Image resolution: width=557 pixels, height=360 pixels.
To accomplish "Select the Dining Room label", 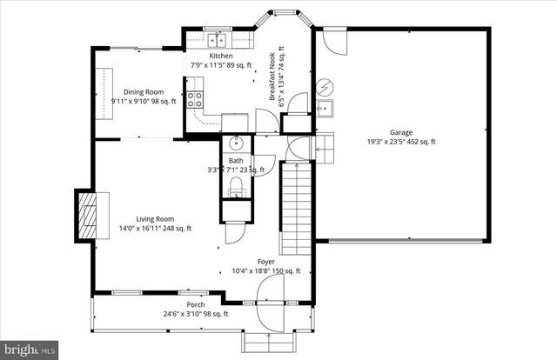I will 144,91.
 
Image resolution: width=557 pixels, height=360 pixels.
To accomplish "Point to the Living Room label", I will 155,219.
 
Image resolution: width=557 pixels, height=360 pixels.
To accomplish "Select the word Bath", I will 236,161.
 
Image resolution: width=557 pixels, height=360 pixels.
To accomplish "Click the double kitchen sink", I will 217,40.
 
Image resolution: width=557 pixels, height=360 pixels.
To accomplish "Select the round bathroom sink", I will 236,144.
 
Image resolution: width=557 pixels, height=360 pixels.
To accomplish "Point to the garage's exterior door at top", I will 333,40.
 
